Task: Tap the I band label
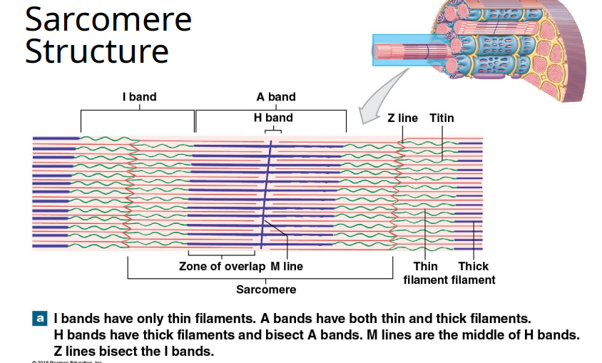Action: pos(139,97)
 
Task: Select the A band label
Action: pos(276,97)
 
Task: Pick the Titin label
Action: pos(442,118)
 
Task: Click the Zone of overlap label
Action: pos(222,267)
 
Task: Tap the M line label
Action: pos(287,267)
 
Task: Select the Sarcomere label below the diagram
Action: pos(266,290)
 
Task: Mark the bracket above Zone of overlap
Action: pos(222,253)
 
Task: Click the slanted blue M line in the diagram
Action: pos(265,193)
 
